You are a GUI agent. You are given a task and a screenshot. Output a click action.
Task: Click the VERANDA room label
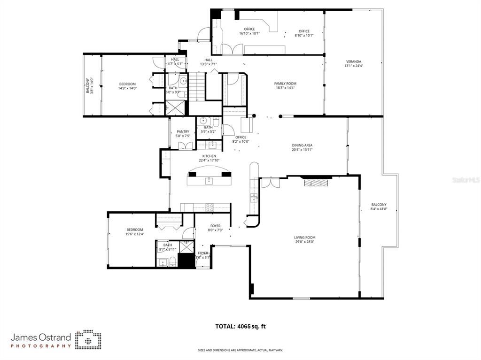point(354,61)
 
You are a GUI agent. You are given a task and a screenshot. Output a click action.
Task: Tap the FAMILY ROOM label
point(285,84)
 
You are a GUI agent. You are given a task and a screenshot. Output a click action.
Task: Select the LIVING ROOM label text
point(304,237)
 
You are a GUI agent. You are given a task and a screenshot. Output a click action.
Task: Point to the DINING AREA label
point(302,146)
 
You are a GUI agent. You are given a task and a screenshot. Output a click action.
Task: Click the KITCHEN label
point(209,156)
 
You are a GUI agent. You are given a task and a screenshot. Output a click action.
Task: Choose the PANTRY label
point(183,132)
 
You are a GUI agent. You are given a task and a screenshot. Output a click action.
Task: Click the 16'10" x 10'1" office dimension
point(249,33)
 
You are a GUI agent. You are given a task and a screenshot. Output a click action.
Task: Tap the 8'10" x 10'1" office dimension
point(304,35)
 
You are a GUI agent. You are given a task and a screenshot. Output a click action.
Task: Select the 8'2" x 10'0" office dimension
point(240,141)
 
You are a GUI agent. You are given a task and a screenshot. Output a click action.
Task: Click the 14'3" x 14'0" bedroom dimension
point(127,88)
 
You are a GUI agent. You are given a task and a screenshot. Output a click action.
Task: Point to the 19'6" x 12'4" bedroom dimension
point(134,234)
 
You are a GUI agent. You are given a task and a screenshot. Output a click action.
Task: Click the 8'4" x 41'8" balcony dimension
point(379,209)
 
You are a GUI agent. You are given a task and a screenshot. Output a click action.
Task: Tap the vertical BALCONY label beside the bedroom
point(87,86)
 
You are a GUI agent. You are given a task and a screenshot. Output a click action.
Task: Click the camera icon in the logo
point(88,339)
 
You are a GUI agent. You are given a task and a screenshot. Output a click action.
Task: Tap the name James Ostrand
point(41,337)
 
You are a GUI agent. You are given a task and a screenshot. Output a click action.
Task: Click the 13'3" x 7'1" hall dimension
point(208,64)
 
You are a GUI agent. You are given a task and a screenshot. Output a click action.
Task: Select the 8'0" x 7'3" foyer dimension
point(215,230)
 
